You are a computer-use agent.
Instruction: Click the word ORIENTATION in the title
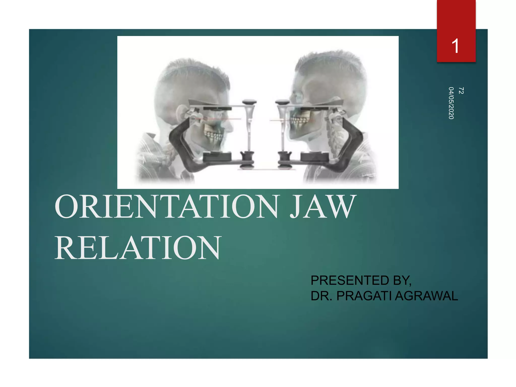point(167,207)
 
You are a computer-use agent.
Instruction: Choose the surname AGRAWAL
point(426,296)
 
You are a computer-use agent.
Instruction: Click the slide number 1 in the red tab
point(456,46)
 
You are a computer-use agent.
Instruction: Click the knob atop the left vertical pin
point(249,102)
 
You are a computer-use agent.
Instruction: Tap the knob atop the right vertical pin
point(282,102)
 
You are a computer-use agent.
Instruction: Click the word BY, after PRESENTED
point(402,281)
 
